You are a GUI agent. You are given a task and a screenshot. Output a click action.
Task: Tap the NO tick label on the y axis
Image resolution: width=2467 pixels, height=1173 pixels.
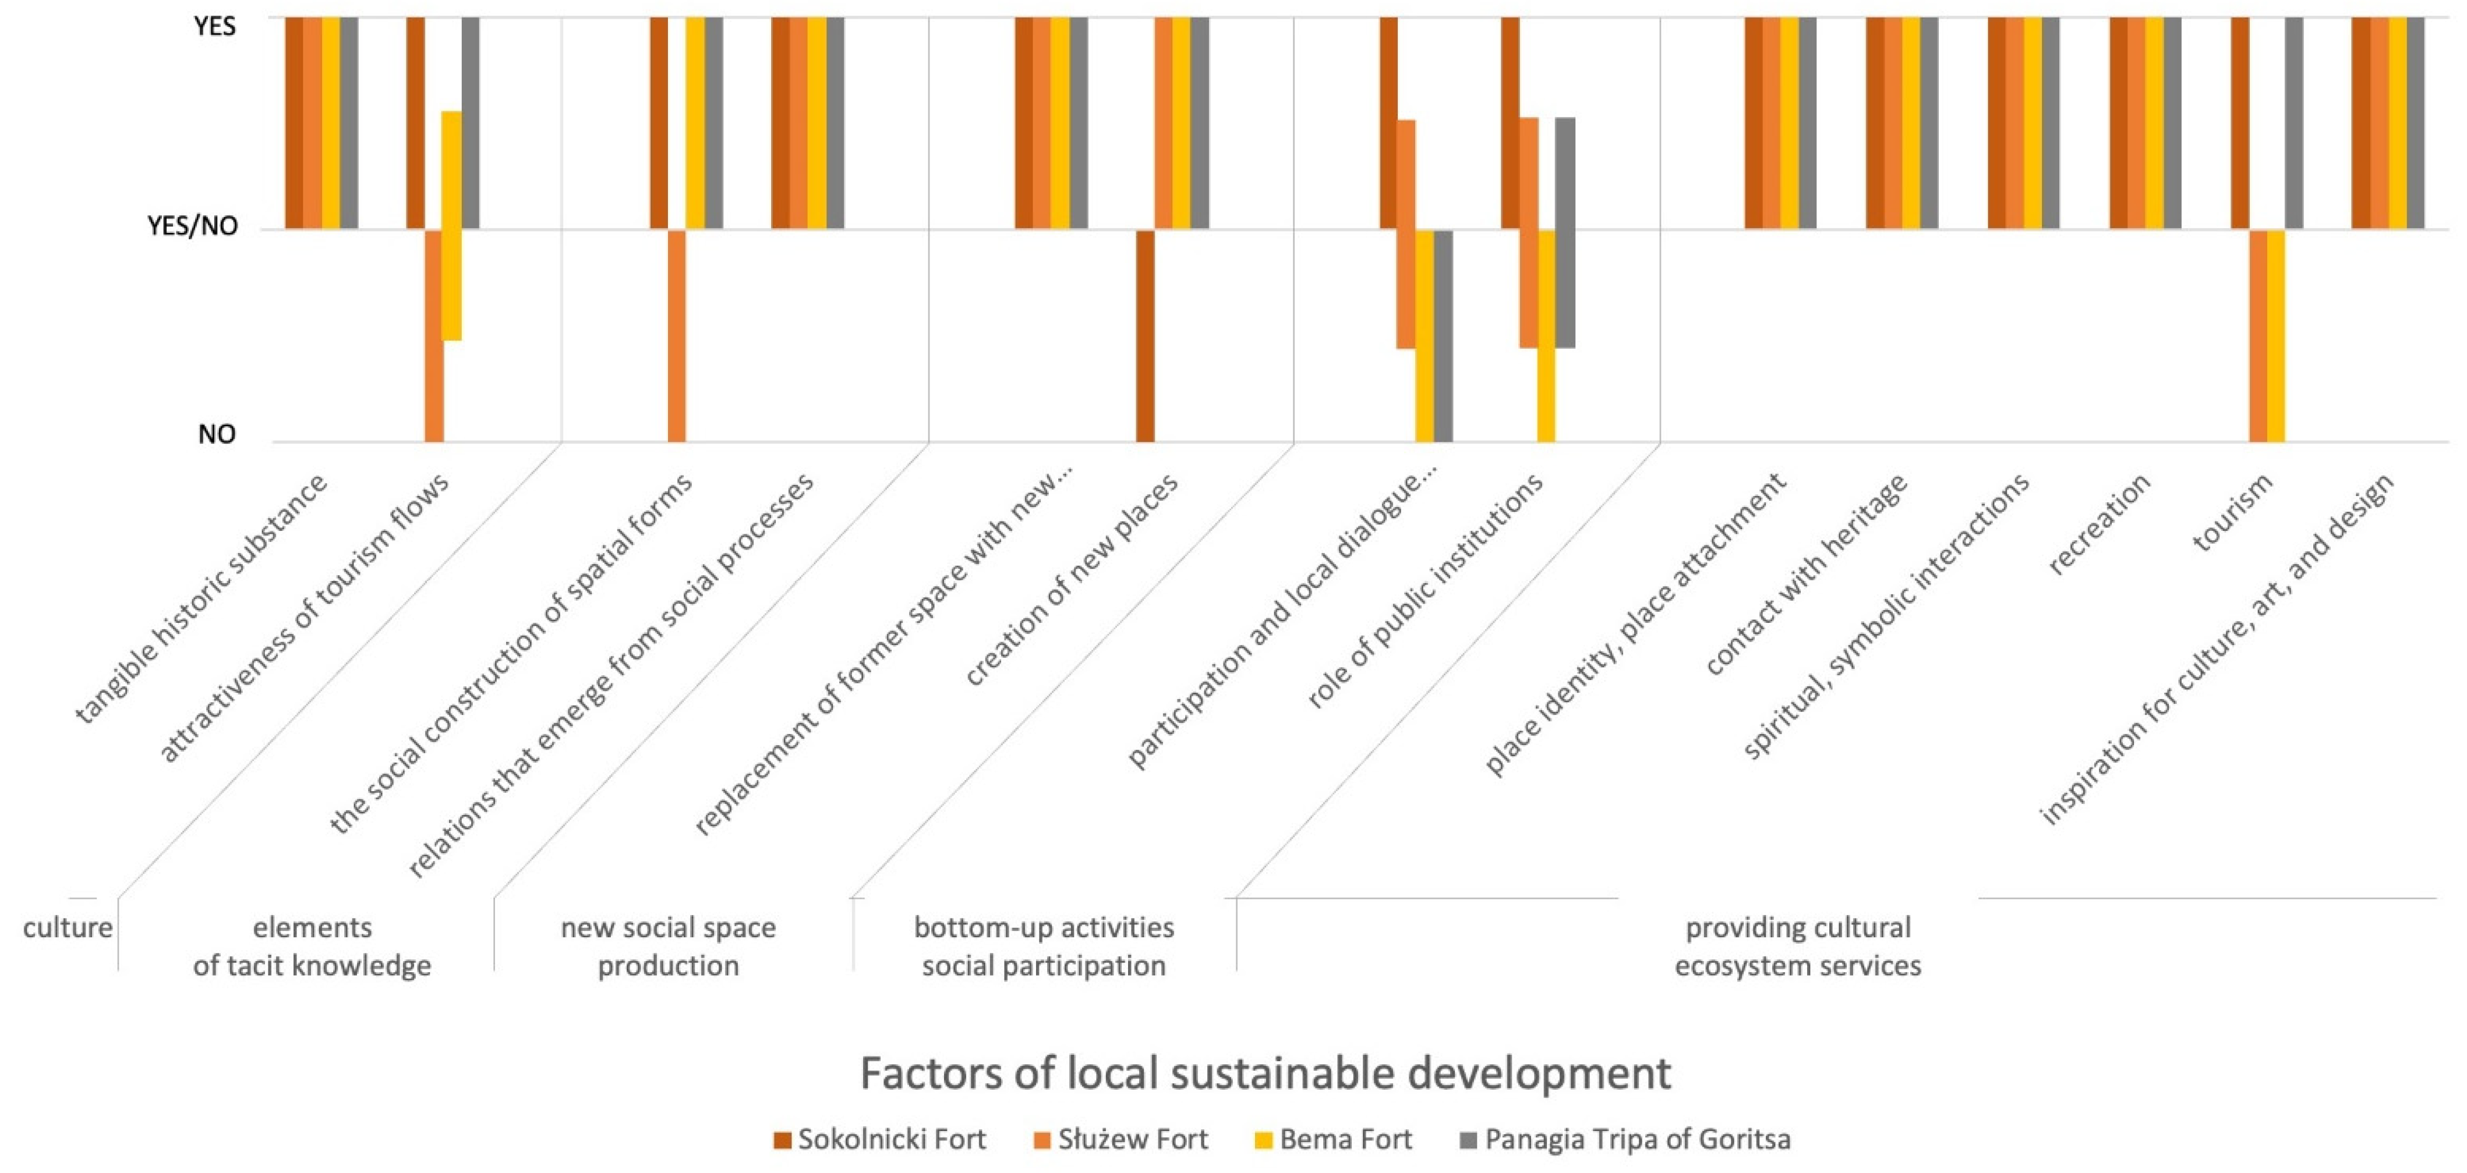tap(217, 435)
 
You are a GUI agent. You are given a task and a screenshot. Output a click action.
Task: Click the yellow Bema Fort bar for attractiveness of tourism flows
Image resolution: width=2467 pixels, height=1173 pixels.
tap(451, 226)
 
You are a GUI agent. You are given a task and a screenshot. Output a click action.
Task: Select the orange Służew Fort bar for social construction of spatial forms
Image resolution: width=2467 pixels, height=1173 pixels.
tap(677, 335)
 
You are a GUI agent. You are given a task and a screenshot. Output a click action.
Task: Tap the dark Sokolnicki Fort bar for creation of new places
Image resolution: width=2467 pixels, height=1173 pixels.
tap(1146, 335)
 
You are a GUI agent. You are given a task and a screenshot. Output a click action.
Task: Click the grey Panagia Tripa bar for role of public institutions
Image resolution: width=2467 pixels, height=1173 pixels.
tap(1565, 233)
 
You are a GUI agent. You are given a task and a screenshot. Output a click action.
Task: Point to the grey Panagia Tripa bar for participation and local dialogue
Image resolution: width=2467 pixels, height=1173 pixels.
tap(1443, 335)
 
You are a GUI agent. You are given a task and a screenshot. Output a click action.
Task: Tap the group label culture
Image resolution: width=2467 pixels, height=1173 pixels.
tap(67, 928)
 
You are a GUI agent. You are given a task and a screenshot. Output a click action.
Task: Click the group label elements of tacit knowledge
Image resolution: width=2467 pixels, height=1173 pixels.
tap(312, 946)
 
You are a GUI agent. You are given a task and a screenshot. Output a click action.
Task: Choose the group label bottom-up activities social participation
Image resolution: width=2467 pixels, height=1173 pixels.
tap(1044, 946)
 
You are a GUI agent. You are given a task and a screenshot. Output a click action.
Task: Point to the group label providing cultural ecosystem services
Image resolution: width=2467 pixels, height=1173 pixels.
tap(1798, 946)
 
